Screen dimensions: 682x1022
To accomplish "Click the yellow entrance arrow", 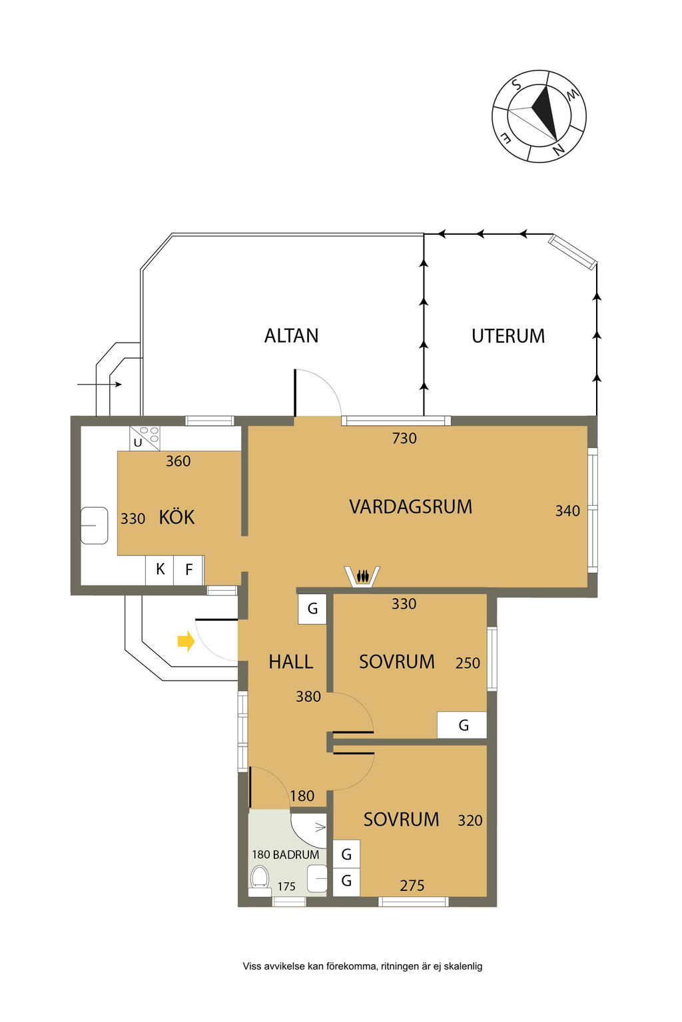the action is pyautogui.click(x=186, y=642).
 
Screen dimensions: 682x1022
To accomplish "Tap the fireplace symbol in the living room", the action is pyautogui.click(x=362, y=576).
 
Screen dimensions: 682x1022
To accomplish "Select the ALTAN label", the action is pyautogui.click(x=291, y=336).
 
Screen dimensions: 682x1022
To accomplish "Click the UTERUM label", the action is pyautogui.click(x=508, y=336).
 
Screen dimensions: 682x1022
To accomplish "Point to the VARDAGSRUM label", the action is pyautogui.click(x=411, y=507).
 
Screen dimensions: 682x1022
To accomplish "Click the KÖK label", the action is pyautogui.click(x=176, y=517).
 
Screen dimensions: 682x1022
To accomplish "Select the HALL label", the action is pyautogui.click(x=291, y=662).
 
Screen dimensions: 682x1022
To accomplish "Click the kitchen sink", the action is pyautogui.click(x=94, y=526).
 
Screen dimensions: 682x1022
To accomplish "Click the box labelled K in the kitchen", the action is pyautogui.click(x=159, y=570).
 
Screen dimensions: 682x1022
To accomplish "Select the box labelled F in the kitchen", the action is pyautogui.click(x=188, y=570).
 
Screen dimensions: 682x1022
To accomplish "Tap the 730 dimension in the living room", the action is pyautogui.click(x=404, y=438).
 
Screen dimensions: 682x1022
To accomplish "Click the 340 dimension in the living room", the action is pyautogui.click(x=567, y=511).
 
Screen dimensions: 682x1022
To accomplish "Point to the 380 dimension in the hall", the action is pyautogui.click(x=308, y=697).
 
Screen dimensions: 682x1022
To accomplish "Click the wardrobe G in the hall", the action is pyautogui.click(x=312, y=609).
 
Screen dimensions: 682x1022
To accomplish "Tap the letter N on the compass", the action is pyautogui.click(x=558, y=149).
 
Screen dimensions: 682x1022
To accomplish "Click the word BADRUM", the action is pyautogui.click(x=296, y=854).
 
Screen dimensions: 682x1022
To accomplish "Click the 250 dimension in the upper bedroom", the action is pyautogui.click(x=468, y=663).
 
